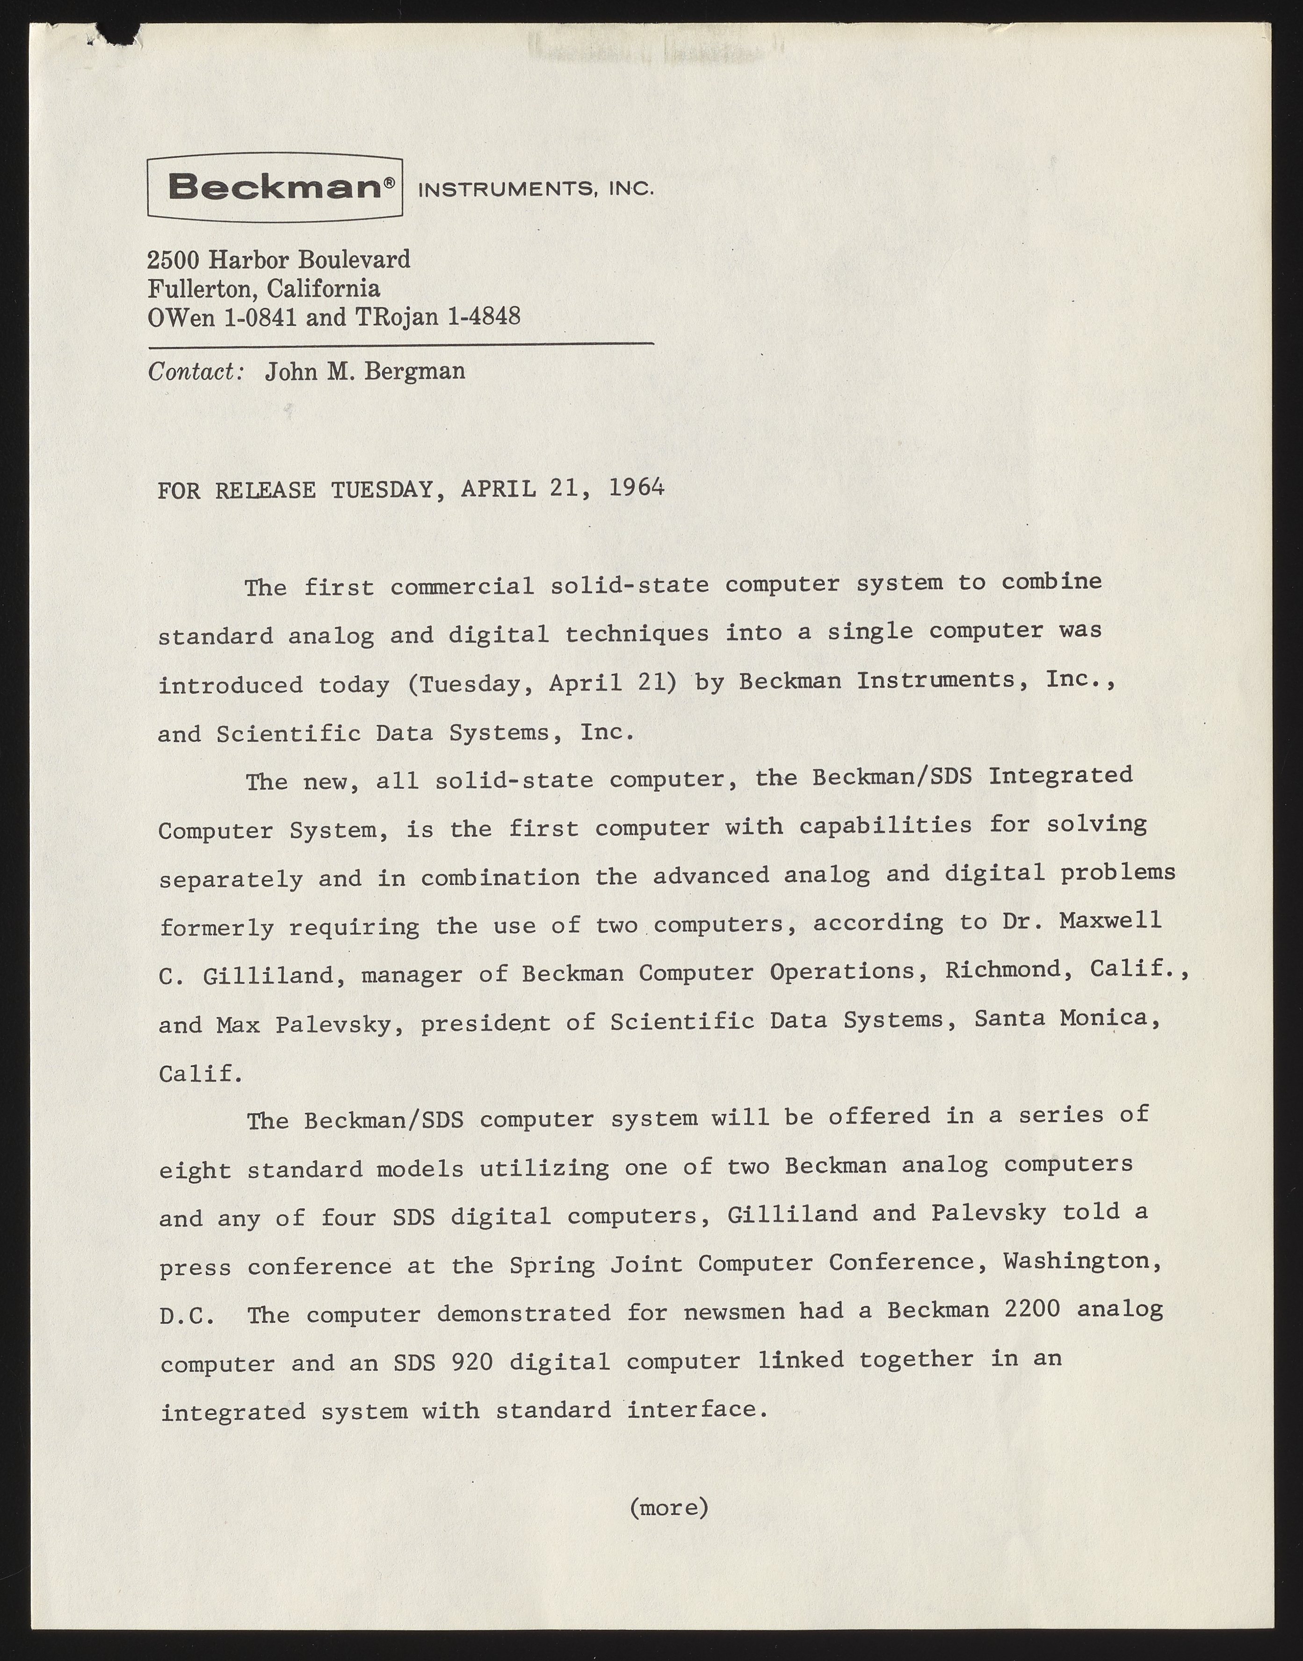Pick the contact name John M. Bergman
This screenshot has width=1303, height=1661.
[365, 371]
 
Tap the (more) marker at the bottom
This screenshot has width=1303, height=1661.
[669, 1508]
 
